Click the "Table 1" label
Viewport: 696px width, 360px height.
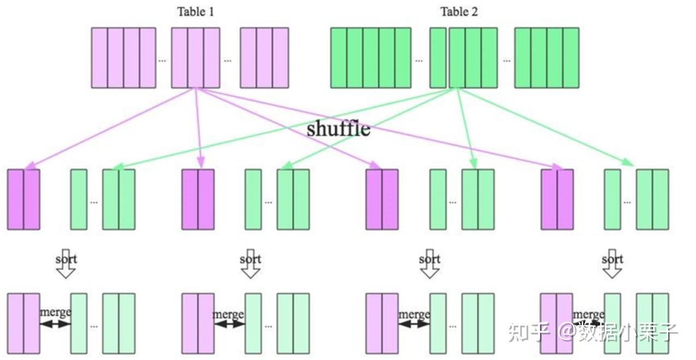tap(195, 11)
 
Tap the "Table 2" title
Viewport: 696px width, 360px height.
tap(459, 11)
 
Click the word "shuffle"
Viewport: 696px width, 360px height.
tap(338, 129)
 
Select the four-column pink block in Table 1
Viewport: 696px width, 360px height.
tap(123, 58)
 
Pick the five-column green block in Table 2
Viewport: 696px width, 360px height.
tap(370, 58)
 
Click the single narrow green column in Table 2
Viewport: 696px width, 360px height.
tap(437, 58)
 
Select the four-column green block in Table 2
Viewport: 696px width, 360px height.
tap(547, 58)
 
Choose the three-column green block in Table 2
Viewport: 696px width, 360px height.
tap(473, 58)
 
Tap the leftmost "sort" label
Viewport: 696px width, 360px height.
tap(66, 259)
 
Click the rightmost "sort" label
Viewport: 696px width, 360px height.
tap(613, 259)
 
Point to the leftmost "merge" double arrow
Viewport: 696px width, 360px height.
tap(55, 323)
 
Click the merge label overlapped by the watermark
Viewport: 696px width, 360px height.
tap(589, 315)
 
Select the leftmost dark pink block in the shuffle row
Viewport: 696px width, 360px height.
tap(23, 199)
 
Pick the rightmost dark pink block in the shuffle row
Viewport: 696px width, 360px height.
tap(557, 199)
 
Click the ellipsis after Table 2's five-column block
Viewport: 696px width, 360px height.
tap(418, 60)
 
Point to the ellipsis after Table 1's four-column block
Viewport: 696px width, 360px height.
tap(163, 60)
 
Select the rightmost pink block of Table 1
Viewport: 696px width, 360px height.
tap(264, 58)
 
